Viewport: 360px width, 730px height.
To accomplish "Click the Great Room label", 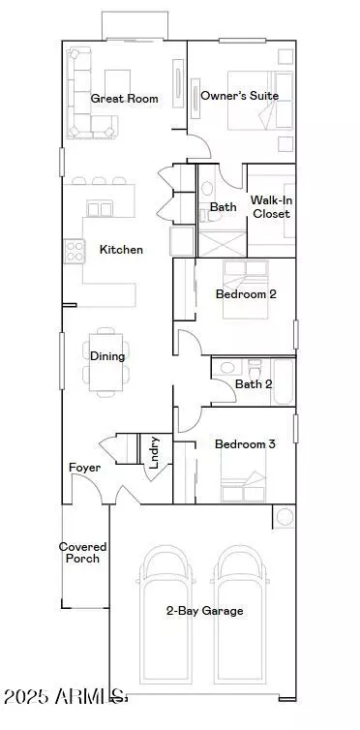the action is (124, 99).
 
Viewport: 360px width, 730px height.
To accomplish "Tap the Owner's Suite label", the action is (240, 96).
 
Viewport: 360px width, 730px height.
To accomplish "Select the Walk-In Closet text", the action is (271, 207).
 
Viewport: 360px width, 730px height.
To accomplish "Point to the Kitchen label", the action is (121, 250).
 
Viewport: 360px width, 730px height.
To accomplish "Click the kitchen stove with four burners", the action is (75, 251).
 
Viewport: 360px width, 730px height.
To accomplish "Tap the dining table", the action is (106, 362).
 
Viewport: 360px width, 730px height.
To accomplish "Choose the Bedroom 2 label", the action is (246, 294).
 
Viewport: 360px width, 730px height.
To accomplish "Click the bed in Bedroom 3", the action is (243, 476).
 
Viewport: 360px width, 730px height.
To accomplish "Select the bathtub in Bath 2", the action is (283, 381).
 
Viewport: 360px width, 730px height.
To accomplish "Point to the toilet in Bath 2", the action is (255, 370).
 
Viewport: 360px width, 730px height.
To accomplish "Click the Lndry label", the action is (155, 452).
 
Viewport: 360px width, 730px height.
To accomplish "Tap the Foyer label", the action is (84, 468).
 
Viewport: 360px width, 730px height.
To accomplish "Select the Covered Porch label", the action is (83, 553).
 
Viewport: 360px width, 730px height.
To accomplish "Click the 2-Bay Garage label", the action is (204, 611).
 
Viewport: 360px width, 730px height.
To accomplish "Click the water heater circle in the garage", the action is (285, 517).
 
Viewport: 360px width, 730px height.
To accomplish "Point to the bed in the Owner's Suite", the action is (260, 101).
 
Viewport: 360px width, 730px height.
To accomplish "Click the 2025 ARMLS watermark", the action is (65, 697).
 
